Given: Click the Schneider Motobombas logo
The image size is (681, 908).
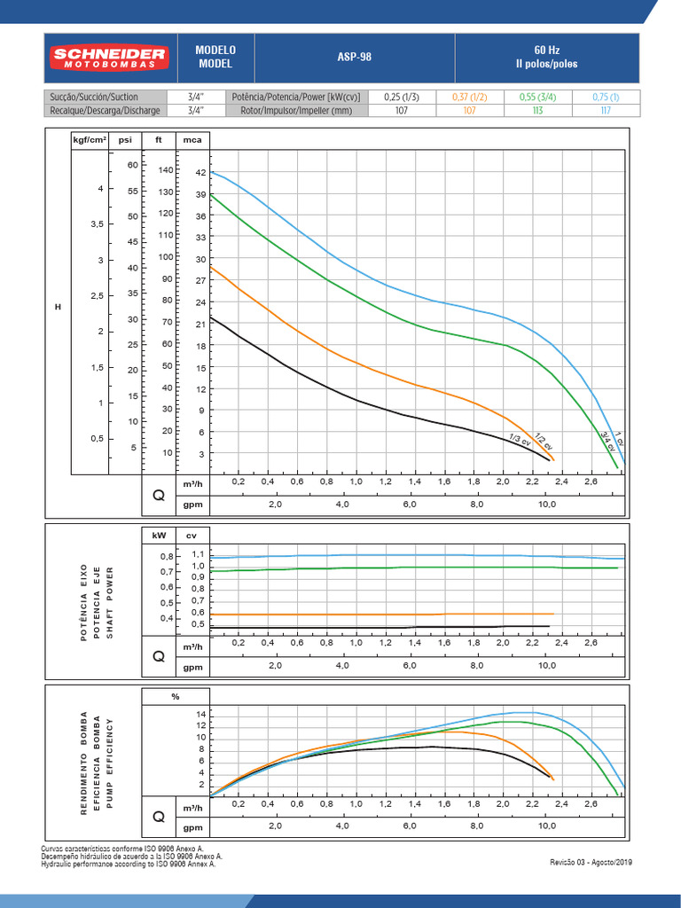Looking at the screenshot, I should [x=109, y=59].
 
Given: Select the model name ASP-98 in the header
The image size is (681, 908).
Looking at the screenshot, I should [x=355, y=58].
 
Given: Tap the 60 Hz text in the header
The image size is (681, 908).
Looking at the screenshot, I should [x=546, y=50].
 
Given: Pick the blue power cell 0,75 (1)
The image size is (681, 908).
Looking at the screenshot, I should [x=607, y=97].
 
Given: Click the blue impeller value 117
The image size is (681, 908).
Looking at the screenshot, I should [x=607, y=111].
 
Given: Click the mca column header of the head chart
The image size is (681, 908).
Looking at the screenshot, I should [x=192, y=140].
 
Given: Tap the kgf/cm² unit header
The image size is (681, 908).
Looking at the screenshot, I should [x=90, y=140].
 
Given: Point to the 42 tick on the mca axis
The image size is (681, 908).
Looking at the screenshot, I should [x=200, y=173].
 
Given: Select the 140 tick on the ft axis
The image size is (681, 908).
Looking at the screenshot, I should [x=166, y=169].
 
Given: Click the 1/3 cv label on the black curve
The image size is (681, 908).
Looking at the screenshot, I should [x=519, y=439].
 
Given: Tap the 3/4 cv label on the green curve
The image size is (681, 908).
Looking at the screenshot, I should [x=607, y=440].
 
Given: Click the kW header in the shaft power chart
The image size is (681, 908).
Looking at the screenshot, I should [x=159, y=536].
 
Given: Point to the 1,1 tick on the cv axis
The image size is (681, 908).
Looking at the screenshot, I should [x=198, y=554].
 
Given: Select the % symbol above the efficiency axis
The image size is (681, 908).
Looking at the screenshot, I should [x=176, y=697].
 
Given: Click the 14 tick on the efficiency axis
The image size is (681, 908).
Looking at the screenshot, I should [x=200, y=715].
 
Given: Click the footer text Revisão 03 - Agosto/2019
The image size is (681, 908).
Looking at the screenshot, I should [x=591, y=862].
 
